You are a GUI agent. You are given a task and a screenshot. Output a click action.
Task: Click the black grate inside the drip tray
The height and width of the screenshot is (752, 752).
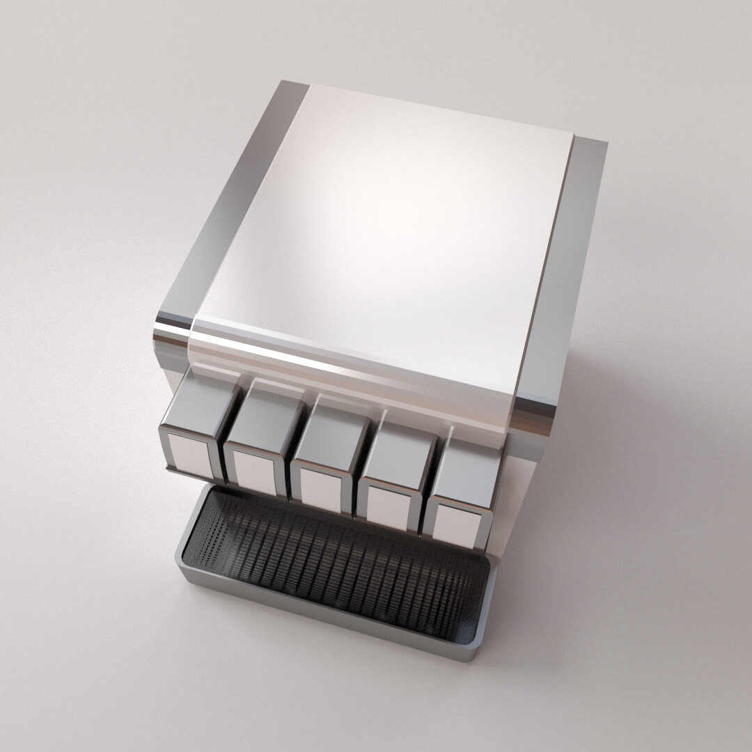click(334, 564)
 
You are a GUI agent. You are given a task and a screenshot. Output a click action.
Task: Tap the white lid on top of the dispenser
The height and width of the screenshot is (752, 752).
click(390, 230)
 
